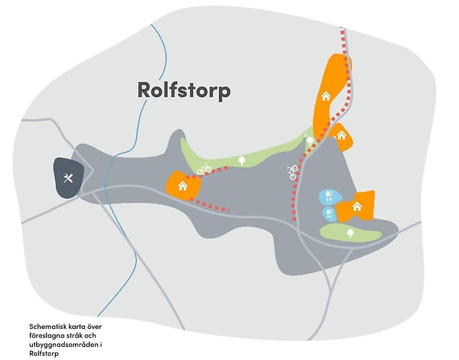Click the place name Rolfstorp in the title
coord(184,91)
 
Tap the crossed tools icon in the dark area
coord(68,178)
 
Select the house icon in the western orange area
coord(183,186)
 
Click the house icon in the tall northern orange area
coord(325,96)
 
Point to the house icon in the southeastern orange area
coord(357,206)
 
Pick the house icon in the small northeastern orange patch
coord(340,135)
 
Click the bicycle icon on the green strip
coord(205,168)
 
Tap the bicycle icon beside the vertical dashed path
coord(294,172)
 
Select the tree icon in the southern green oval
coord(350,233)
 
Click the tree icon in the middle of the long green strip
coord(242,160)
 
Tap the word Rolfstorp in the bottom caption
coord(43,354)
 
